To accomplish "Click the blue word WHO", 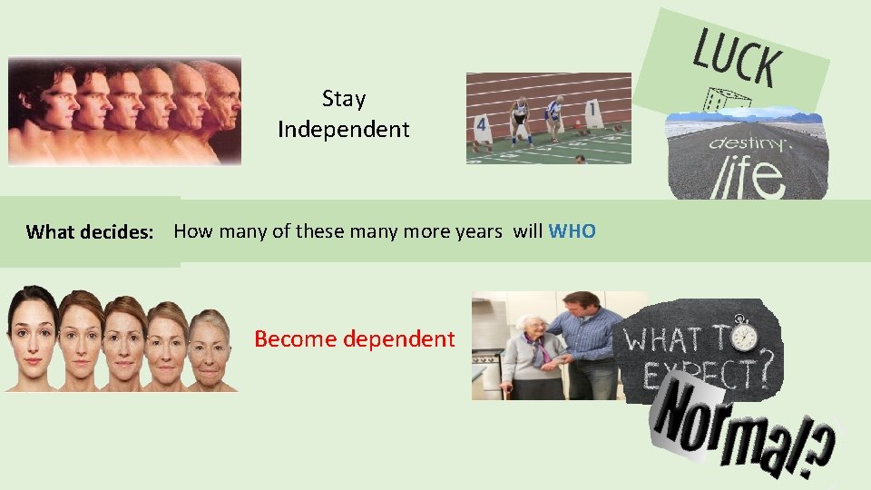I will (573, 231).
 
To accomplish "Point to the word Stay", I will (343, 98).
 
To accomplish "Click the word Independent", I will (343, 130).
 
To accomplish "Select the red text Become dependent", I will (354, 339).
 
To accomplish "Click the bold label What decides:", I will (90, 232).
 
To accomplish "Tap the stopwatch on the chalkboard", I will (744, 334).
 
